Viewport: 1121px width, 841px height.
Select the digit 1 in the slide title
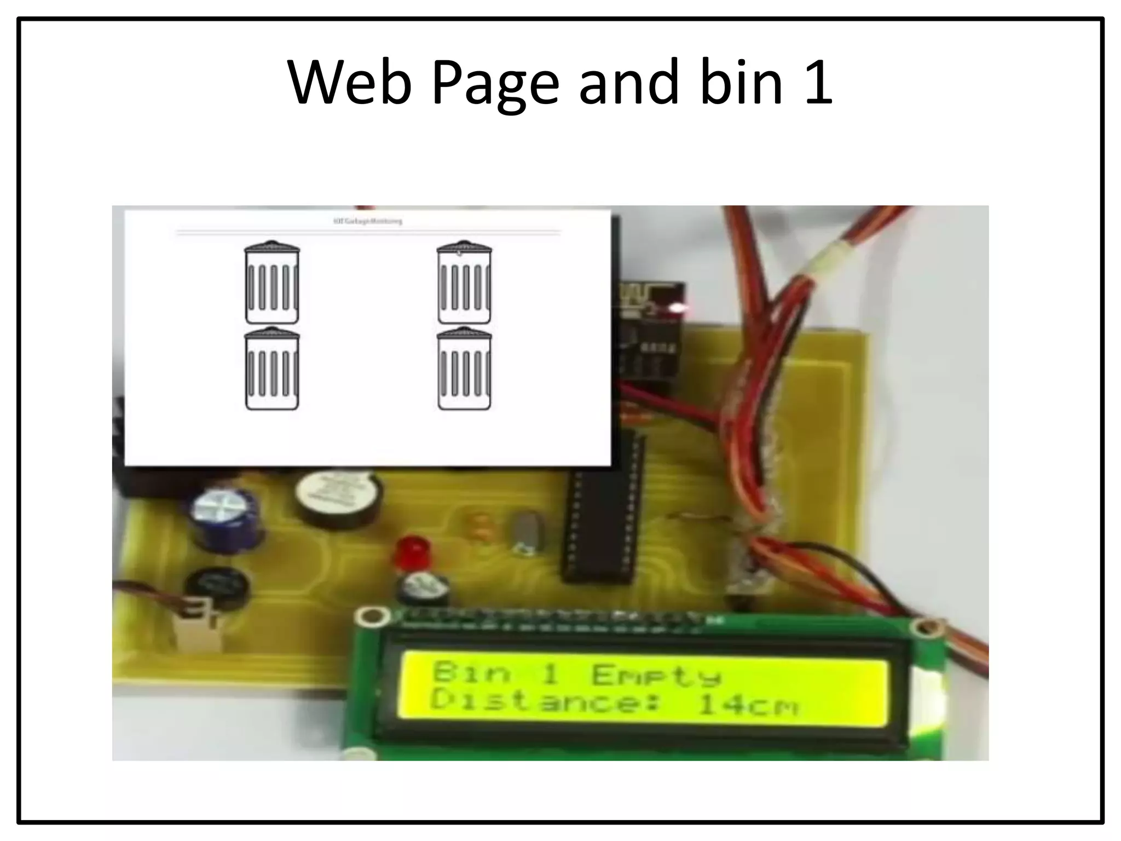(818, 83)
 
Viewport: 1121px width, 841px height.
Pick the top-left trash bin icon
(272, 283)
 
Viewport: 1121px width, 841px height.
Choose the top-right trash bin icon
(464, 283)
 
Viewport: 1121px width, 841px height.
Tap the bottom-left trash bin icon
(272, 369)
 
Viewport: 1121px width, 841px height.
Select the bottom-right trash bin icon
(464, 369)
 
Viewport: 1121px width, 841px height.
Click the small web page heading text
(367, 221)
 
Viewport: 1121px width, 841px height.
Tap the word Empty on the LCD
(656, 675)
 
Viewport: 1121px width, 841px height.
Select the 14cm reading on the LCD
(748, 705)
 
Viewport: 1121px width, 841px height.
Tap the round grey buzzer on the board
(339, 499)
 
